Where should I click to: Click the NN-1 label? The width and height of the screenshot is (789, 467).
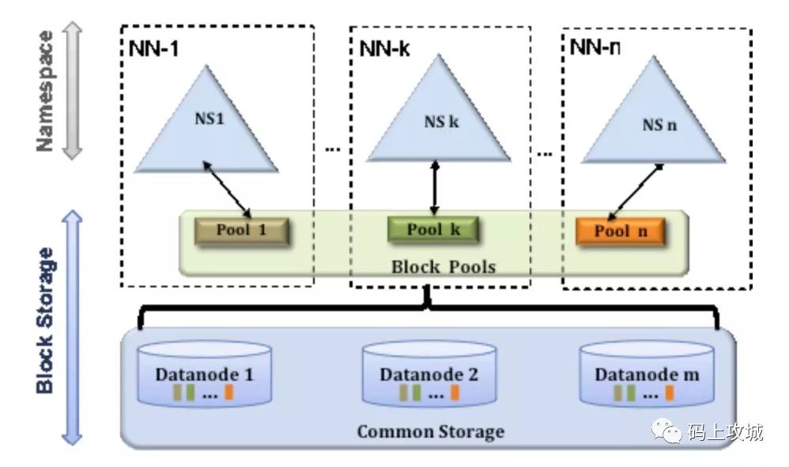click(x=153, y=49)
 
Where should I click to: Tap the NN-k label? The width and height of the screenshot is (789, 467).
click(x=384, y=49)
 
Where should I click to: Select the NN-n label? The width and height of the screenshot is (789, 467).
click(x=595, y=47)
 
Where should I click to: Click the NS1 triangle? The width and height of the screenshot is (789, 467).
click(x=206, y=126)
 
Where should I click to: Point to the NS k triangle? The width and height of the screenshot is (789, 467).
click(x=439, y=116)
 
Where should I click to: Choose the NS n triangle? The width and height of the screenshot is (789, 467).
click(x=654, y=117)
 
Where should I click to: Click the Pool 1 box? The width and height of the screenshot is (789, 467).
click(x=242, y=231)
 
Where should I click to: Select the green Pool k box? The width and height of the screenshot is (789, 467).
click(x=432, y=230)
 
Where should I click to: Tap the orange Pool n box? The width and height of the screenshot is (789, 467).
click(x=621, y=231)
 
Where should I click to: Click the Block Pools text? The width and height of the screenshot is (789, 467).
click(x=444, y=267)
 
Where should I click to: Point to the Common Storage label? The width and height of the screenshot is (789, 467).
click(x=431, y=431)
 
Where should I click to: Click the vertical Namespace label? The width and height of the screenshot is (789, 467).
click(x=45, y=91)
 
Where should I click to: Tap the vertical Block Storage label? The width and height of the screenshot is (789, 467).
click(x=45, y=321)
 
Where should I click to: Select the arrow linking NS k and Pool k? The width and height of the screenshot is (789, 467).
click(x=436, y=188)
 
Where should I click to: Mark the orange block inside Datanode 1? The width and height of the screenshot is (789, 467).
click(x=228, y=392)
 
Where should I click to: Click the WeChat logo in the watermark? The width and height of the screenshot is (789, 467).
click(x=667, y=431)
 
